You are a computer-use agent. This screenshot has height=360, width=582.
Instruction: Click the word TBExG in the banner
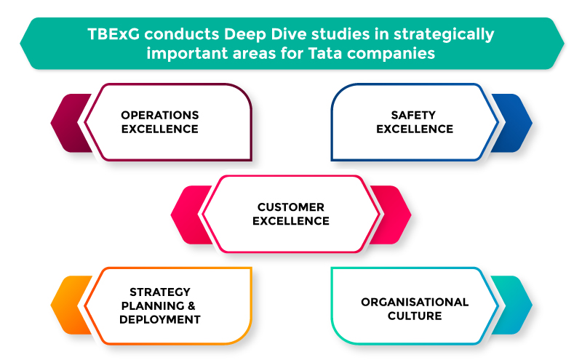pyautogui.click(x=113, y=34)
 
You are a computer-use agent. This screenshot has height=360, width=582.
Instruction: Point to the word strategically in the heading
pyautogui.click(x=444, y=35)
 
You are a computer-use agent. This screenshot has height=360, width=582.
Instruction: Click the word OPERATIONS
pyautogui.click(x=160, y=115)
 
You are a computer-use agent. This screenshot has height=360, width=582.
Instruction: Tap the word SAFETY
pyautogui.click(x=413, y=115)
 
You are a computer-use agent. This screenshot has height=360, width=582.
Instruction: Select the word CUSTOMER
pyautogui.click(x=291, y=207)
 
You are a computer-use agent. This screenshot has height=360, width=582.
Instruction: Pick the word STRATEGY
pyautogui.click(x=160, y=292)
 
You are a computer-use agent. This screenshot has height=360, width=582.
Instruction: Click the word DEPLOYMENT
pyautogui.click(x=160, y=319)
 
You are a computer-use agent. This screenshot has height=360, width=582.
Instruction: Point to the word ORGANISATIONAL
pyautogui.click(x=415, y=302)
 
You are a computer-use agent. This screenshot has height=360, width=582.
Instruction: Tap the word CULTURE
pyautogui.click(x=415, y=316)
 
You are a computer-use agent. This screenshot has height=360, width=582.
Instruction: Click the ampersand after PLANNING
pyautogui.click(x=191, y=305)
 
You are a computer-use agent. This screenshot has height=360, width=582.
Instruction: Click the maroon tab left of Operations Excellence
pyautogui.click(x=71, y=123)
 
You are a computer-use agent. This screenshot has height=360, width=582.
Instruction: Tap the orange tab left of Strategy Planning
pyautogui.click(x=71, y=305)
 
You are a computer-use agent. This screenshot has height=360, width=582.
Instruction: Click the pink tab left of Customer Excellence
pyautogui.click(x=190, y=215)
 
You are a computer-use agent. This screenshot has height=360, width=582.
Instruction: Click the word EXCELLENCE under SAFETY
pyautogui.click(x=415, y=129)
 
